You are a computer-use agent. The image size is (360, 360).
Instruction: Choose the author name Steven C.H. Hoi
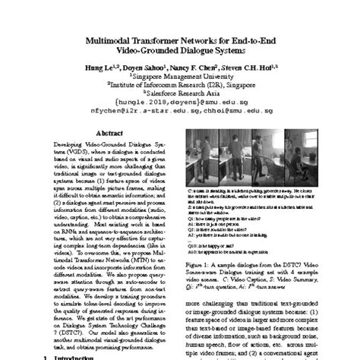(255, 67)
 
